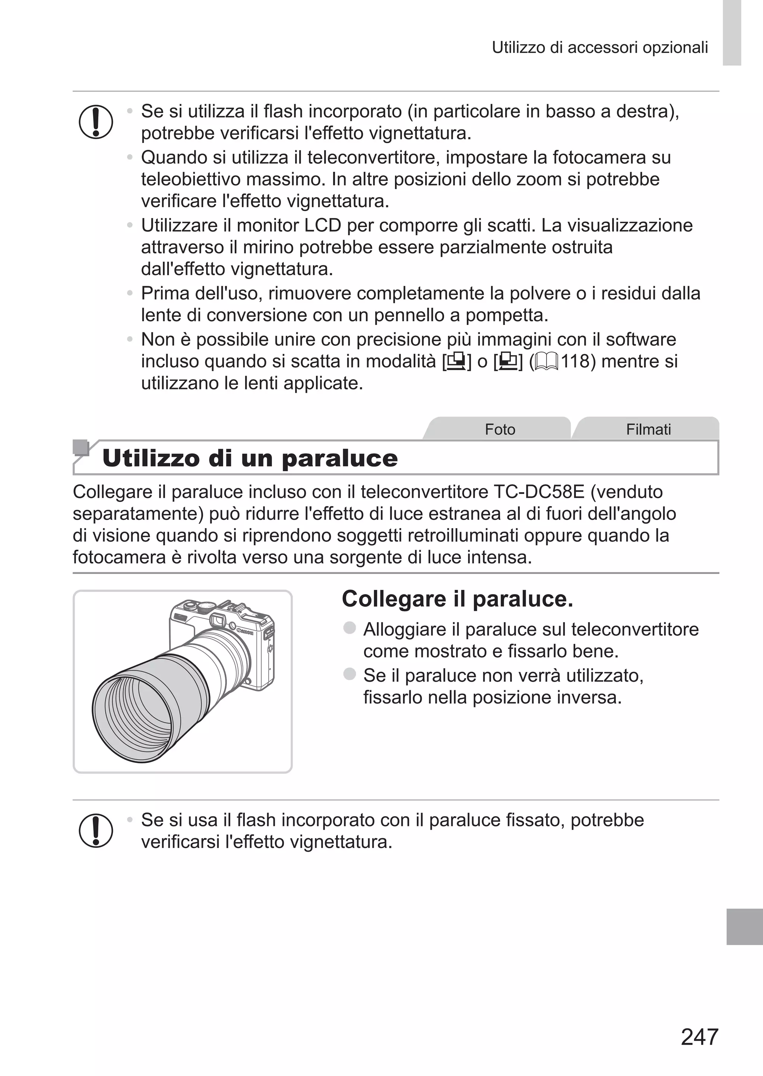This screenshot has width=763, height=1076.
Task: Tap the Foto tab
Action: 500,429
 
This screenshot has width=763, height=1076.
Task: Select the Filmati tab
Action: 648,429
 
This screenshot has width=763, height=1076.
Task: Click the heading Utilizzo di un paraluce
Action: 250,458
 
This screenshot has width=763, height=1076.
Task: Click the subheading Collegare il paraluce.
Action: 457,599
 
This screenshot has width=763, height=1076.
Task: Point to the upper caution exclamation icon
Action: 96,122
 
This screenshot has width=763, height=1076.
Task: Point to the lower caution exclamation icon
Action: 96,830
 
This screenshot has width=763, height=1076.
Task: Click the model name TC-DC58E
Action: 538,492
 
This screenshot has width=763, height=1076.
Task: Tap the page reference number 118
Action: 575,361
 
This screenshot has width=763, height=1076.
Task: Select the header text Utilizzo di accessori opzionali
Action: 599,47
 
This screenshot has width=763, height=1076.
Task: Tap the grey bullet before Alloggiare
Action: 349,628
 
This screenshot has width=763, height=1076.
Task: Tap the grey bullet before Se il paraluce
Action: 349,674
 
